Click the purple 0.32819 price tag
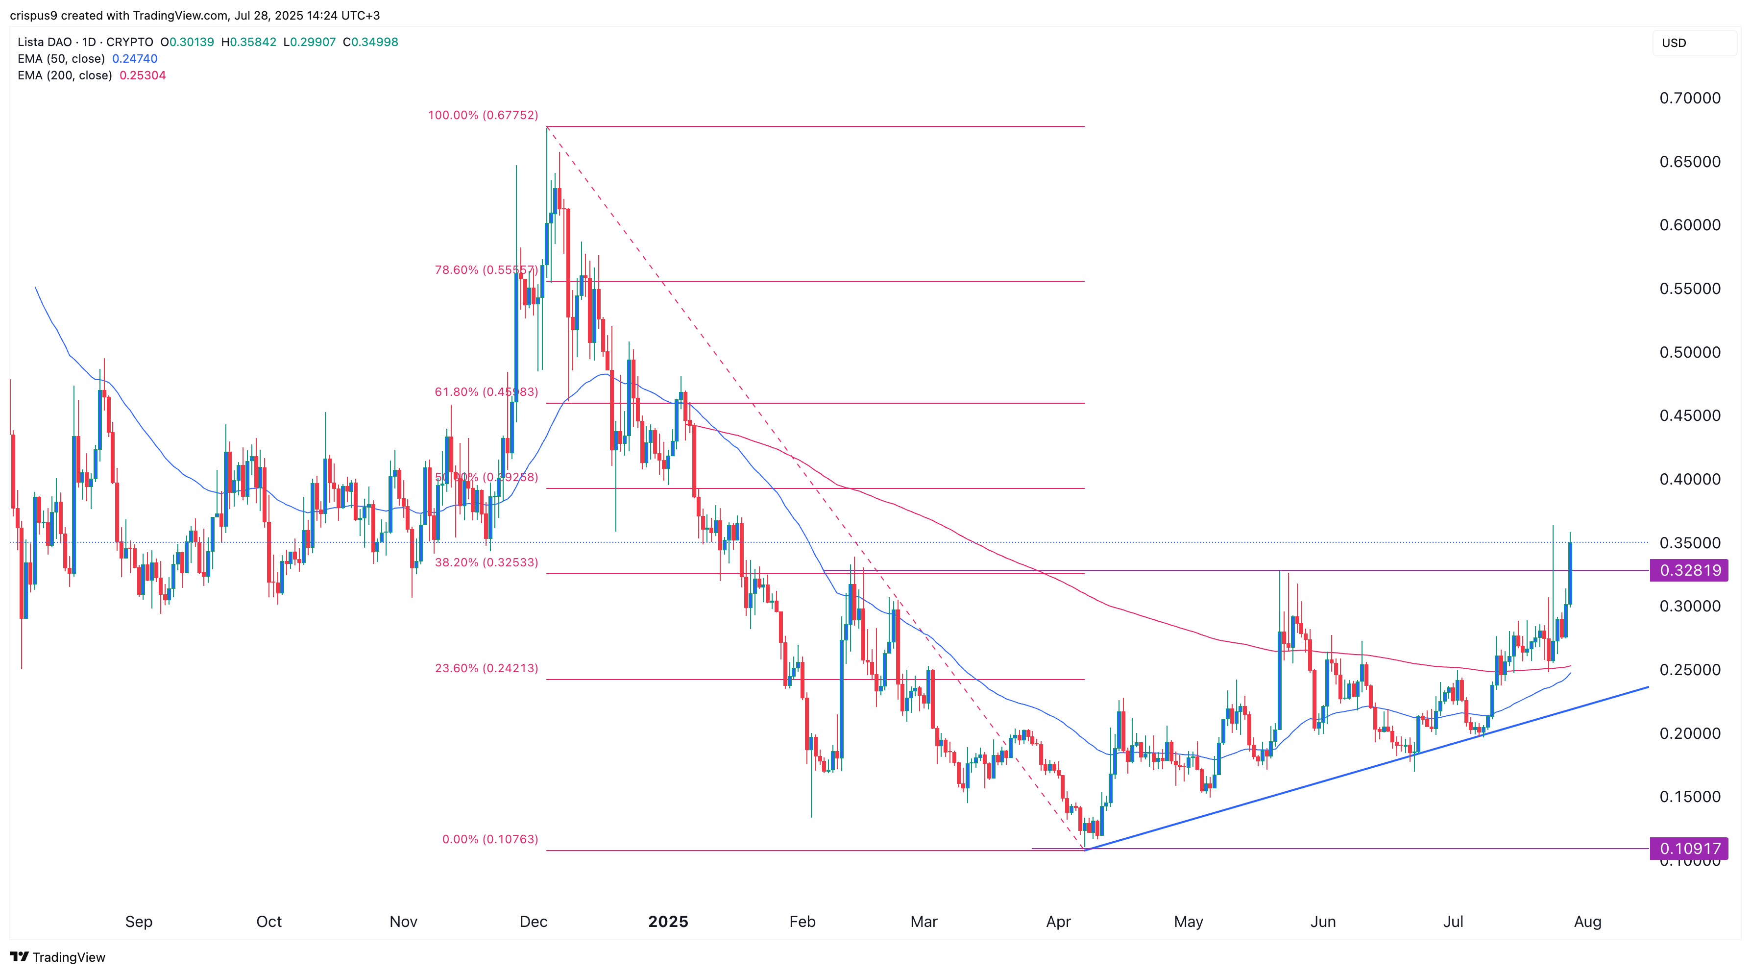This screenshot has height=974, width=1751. click(1690, 570)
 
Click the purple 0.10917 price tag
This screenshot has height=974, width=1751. click(1690, 848)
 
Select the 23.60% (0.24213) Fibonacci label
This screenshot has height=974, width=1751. click(486, 668)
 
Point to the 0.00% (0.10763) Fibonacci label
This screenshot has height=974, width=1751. click(489, 839)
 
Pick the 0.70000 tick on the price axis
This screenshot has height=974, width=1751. click(1690, 98)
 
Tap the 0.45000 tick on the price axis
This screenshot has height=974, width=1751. click(1690, 415)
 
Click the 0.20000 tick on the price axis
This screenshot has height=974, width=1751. click(1690, 733)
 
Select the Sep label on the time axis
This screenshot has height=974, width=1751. click(139, 922)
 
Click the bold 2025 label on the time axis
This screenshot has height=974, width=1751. click(668, 922)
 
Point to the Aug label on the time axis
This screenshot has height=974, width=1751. click(1588, 922)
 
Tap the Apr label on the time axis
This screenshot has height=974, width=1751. click(1058, 922)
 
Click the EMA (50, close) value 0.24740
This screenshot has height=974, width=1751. click(135, 58)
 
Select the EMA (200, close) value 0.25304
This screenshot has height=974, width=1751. click(143, 75)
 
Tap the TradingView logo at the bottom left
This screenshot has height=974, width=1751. click(58, 957)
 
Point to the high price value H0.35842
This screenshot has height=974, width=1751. click(249, 42)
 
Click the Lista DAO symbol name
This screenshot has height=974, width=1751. click(44, 42)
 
